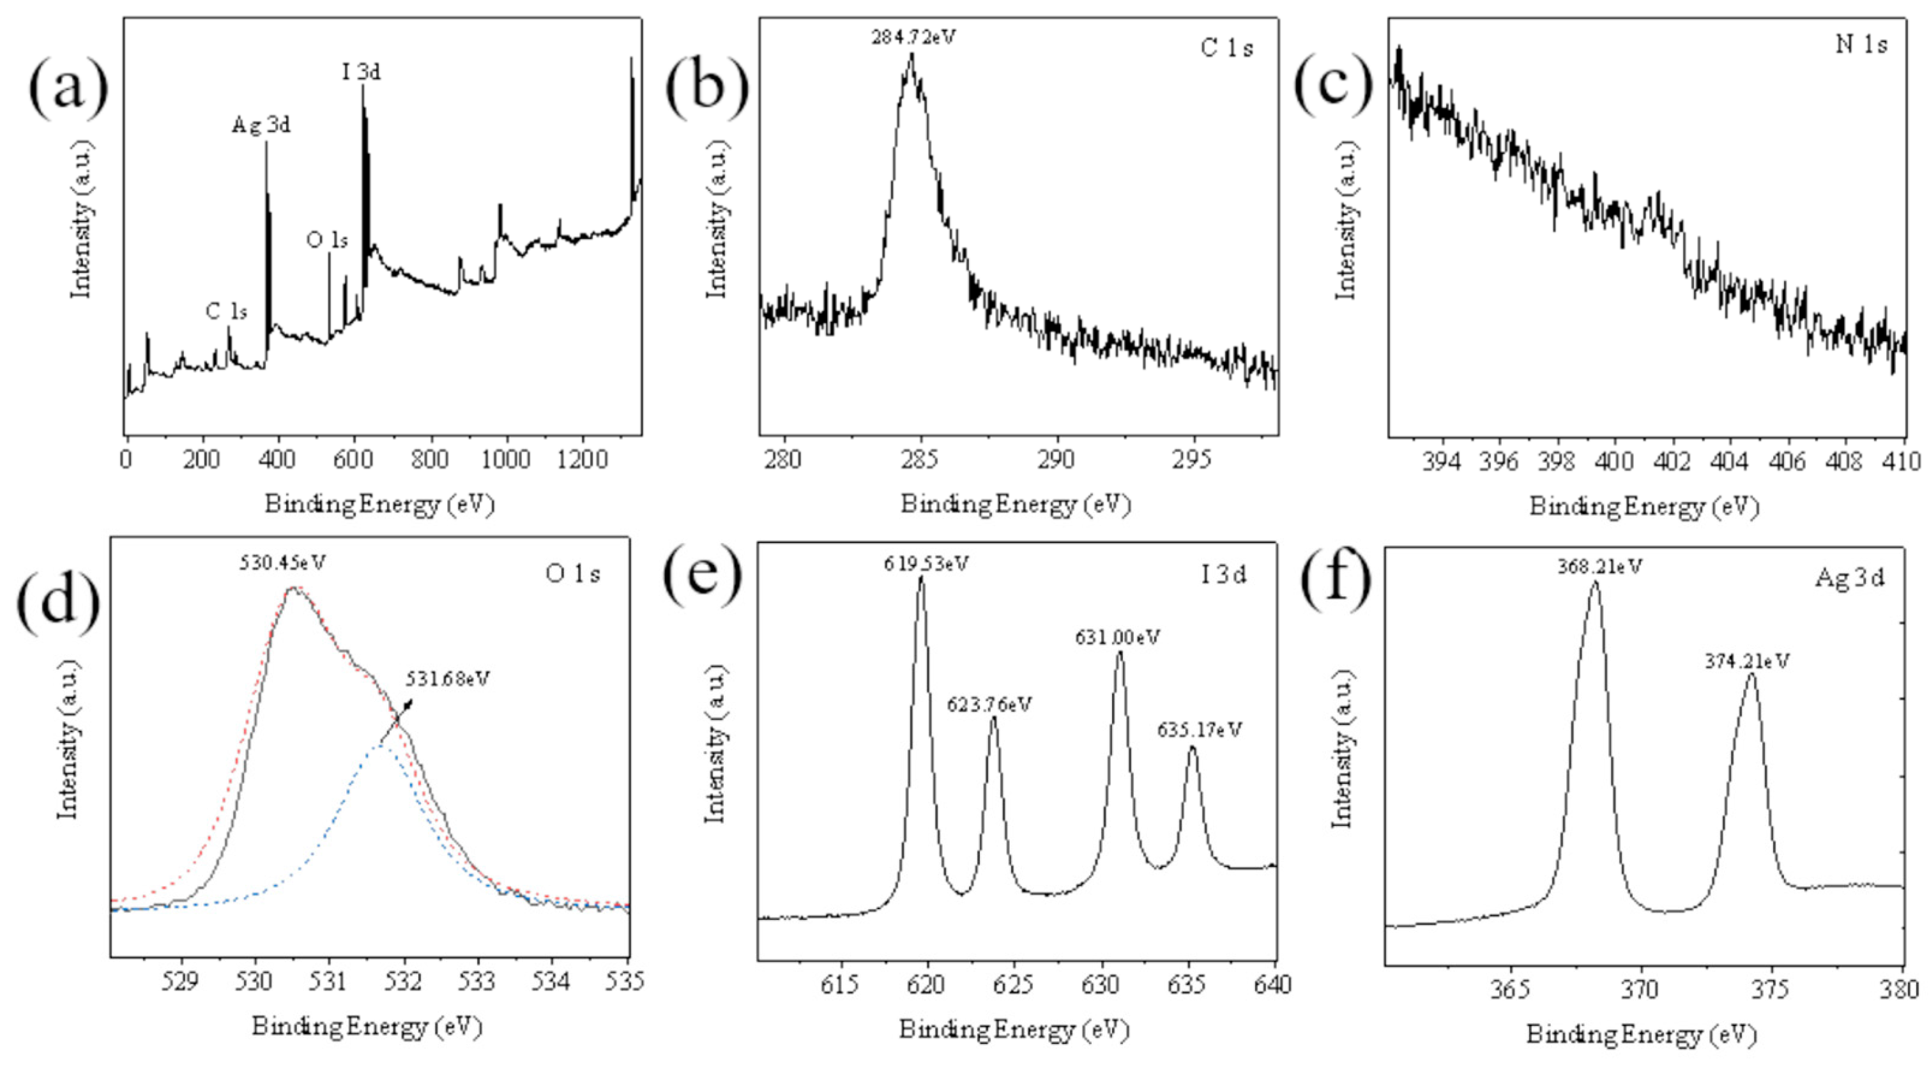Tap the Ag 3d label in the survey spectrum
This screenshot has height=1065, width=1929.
click(261, 125)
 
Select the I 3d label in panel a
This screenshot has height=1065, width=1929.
click(362, 73)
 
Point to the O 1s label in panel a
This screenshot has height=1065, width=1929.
click(327, 240)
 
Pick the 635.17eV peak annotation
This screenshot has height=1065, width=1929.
click(1199, 730)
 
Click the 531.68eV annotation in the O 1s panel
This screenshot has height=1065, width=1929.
click(447, 679)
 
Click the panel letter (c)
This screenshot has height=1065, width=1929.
click(1333, 82)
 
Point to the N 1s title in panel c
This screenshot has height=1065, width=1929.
click(1861, 45)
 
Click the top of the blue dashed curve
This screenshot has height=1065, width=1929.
click(381, 747)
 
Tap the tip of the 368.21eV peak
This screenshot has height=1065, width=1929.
click(1594, 583)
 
